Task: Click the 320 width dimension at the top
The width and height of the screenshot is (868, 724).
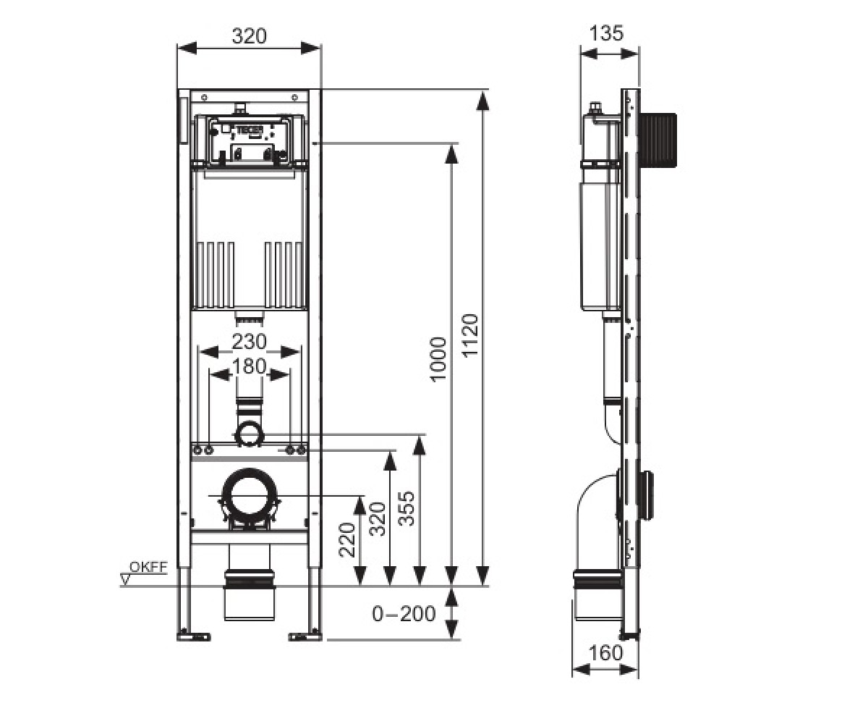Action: point(249,35)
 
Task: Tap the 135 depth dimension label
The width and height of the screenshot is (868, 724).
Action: point(607,33)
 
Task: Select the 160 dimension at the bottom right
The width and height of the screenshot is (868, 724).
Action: point(605,652)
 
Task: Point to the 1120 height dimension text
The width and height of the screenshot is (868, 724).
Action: point(471,335)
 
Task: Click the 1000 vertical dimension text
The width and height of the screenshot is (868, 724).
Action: point(438,359)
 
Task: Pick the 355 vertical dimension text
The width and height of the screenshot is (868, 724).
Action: point(407,509)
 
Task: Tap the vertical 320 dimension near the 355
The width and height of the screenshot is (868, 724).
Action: point(378,519)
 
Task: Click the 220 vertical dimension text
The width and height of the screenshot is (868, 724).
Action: point(347,539)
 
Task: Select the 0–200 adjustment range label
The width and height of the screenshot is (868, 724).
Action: point(404,613)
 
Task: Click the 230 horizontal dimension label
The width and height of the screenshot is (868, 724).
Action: point(249,342)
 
